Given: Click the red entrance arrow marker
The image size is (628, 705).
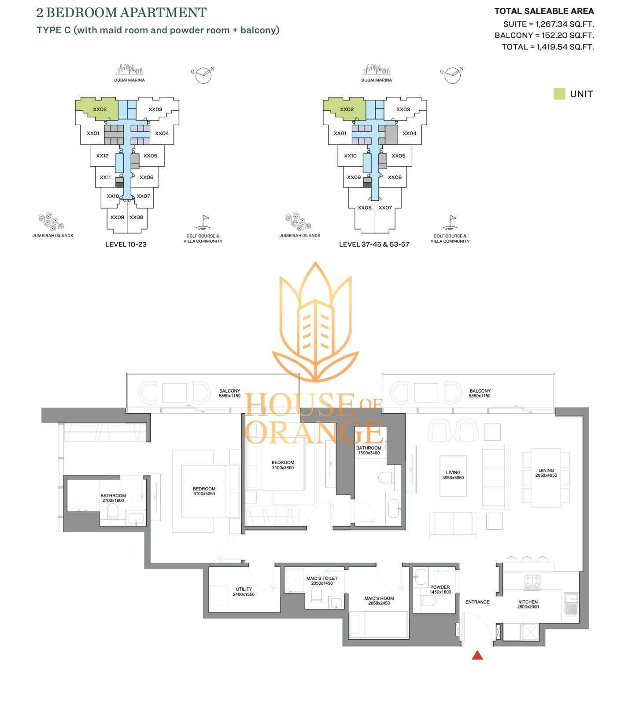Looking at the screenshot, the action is coord(477,655).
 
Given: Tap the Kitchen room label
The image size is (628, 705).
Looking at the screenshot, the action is coord(528,604).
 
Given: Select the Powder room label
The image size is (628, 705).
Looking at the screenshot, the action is coord(440,590).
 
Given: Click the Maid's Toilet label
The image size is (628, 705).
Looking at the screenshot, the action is coord(322,581).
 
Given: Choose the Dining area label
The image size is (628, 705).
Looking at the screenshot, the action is coord(546,473).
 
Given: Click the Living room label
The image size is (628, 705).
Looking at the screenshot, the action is coord(453,475).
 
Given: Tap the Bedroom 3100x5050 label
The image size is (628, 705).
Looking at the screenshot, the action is coord(204,491).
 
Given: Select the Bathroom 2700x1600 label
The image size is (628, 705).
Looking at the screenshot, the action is coord(113,498).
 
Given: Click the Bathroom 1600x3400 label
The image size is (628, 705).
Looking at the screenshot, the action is coord(369,450).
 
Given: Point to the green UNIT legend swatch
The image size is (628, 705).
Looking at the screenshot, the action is coord(559,94).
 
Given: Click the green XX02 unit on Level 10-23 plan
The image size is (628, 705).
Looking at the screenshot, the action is coord(100,109).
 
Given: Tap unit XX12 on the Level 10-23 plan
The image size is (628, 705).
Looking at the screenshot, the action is coord(102,156).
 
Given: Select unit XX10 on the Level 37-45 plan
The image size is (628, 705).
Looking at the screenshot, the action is coord(350,156).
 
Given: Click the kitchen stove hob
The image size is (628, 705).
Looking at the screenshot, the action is coord(532,582).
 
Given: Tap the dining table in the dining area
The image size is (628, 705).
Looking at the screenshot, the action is coord(546,478).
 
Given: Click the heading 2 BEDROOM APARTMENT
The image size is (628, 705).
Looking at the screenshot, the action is coord(121,13).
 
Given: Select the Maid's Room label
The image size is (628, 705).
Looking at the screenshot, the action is coord(379,601).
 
